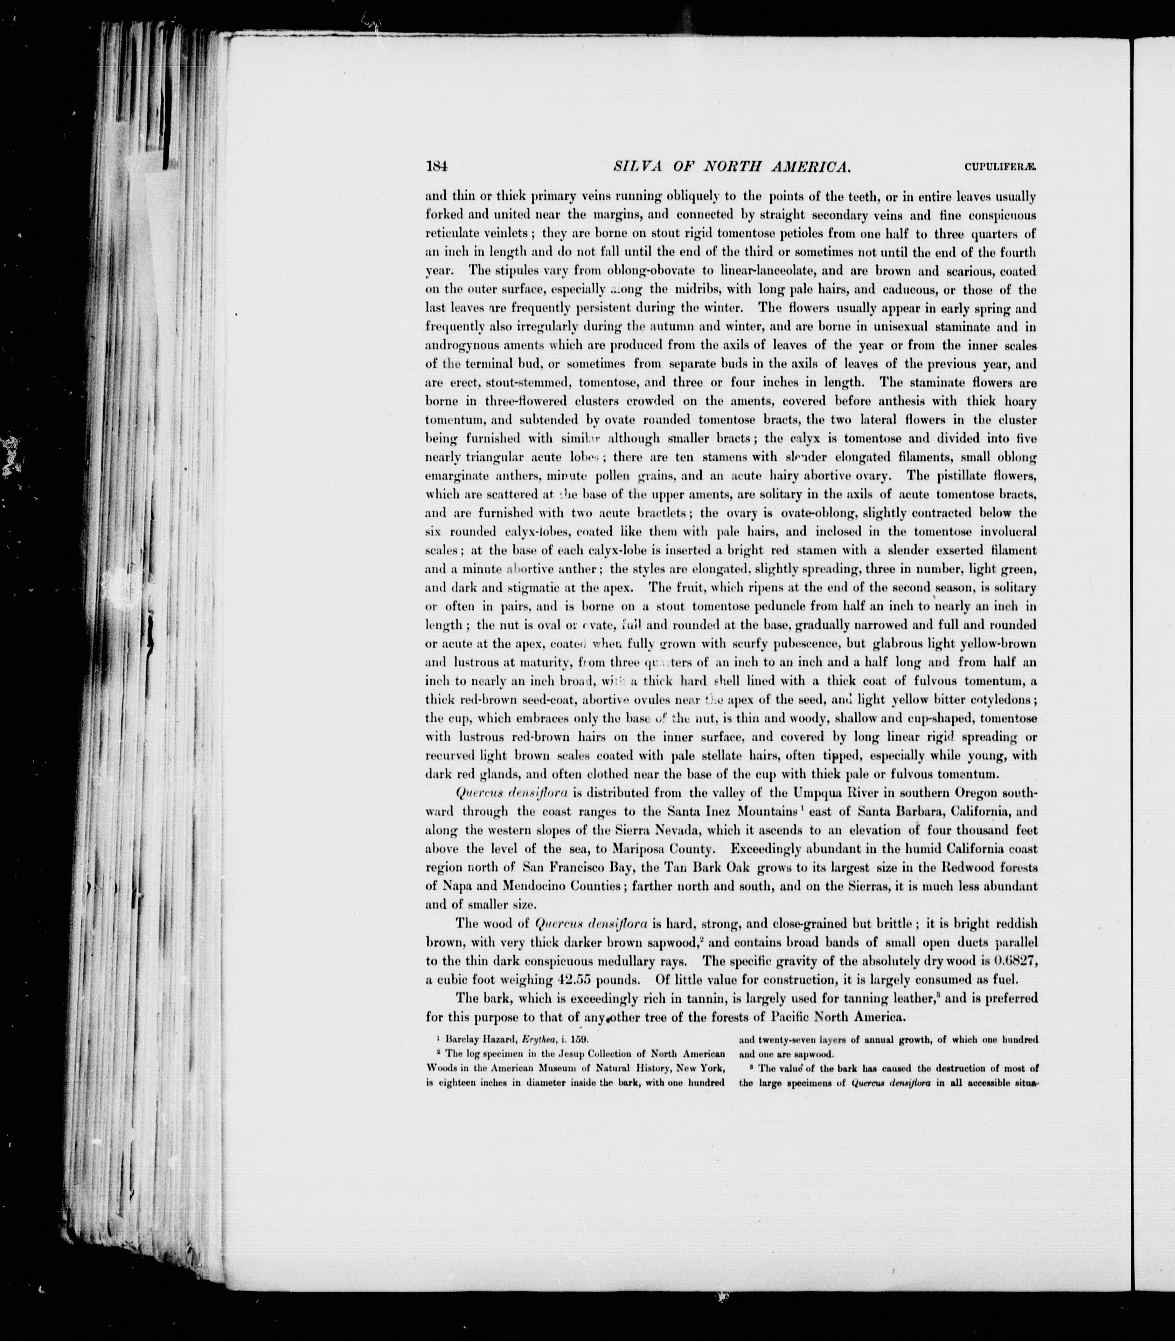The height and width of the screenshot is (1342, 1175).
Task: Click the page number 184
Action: click(x=436, y=167)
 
